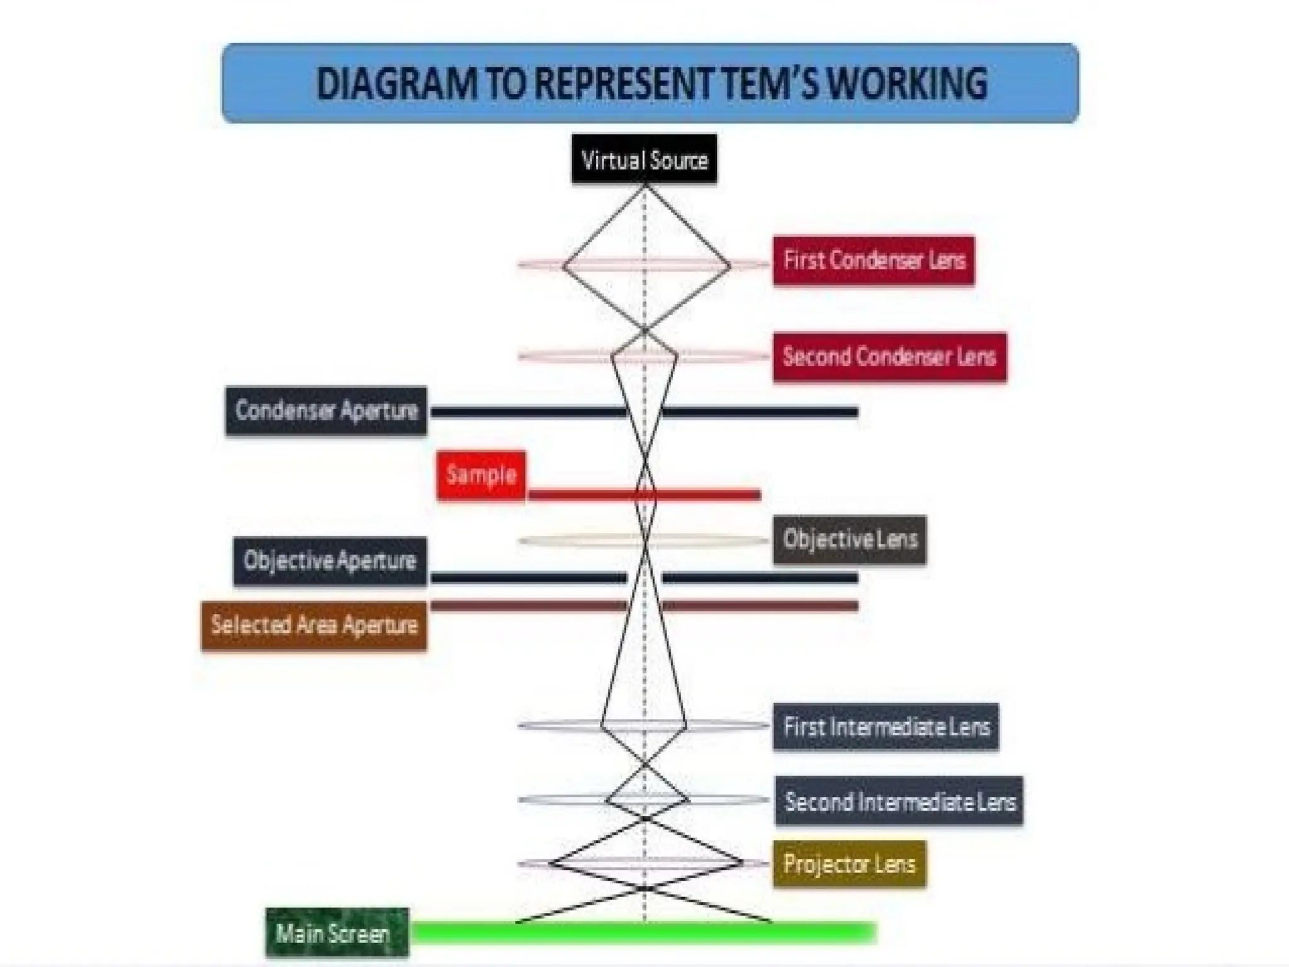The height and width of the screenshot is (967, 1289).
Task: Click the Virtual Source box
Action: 644,160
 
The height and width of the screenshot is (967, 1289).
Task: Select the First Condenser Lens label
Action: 874,261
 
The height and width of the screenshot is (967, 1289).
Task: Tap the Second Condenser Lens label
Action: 889,357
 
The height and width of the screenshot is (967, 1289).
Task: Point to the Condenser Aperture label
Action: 326,410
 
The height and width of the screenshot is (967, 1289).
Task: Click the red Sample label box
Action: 481,475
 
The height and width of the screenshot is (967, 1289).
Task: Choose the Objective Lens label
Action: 850,540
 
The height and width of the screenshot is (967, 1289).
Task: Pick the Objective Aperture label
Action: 330,561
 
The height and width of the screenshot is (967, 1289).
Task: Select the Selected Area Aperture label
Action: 314,625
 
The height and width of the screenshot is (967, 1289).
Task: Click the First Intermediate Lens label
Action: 886,727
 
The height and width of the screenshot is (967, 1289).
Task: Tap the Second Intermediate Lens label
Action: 899,801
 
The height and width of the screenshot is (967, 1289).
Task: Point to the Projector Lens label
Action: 849,864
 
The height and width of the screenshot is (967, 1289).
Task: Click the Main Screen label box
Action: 337,933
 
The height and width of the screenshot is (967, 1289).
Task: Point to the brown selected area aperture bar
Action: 755,606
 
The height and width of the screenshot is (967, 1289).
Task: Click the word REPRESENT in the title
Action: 623,84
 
